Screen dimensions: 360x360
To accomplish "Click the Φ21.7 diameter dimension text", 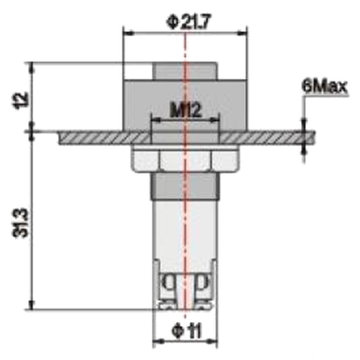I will [185, 22].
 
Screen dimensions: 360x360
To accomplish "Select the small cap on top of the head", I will [185, 71].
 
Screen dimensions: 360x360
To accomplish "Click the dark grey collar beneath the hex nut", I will [185, 186].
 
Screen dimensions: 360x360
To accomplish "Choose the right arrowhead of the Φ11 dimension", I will [214, 342].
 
